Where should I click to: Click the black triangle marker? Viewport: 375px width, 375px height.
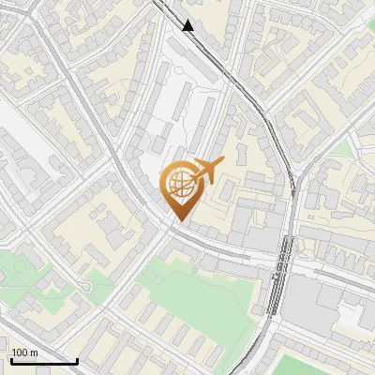tap(188, 25)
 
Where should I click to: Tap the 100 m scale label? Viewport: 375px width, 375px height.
tap(24, 352)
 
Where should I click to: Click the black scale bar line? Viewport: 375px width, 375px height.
tap(44, 361)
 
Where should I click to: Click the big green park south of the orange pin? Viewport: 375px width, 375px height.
tap(197, 291)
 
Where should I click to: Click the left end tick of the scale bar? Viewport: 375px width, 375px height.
tap(11, 360)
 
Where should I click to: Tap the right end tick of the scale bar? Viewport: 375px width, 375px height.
tap(77, 360)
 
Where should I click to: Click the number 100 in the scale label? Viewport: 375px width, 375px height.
tap(20, 352)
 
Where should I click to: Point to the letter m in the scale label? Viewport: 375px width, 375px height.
tap(34, 352)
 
